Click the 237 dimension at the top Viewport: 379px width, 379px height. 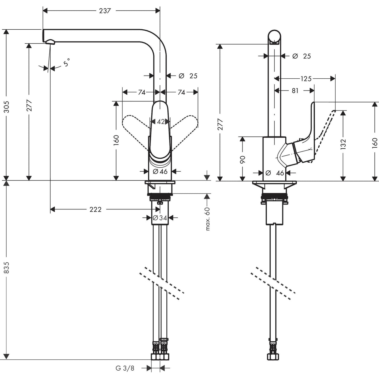(105, 11)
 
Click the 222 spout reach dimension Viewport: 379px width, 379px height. (95, 209)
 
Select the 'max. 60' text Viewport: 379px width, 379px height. (208, 219)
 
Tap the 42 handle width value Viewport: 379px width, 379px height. (160, 122)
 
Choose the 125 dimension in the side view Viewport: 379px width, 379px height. (306, 79)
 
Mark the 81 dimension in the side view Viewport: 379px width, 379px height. (295, 91)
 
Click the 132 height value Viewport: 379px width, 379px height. (343, 145)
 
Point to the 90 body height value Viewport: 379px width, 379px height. (243, 159)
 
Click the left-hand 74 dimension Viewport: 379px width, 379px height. (141, 92)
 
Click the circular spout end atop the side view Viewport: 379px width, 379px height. (275, 36)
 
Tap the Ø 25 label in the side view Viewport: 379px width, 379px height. (302, 56)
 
